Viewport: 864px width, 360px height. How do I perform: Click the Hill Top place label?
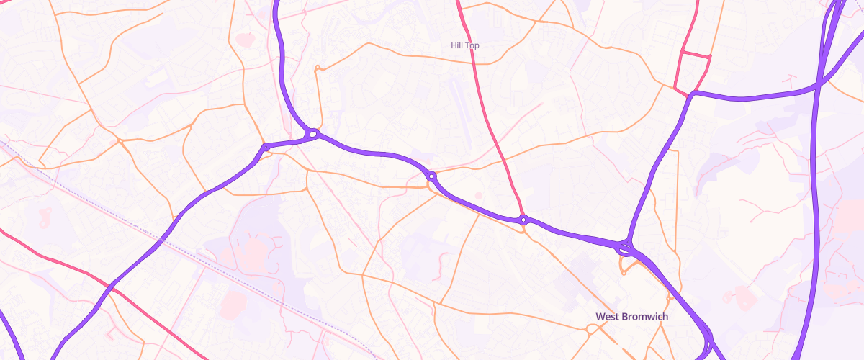coord(464,45)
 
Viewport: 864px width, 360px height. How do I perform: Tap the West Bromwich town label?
coord(631,317)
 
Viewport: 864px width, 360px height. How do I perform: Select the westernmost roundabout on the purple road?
coord(266,148)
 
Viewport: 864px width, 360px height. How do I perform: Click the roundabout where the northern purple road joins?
coord(312,133)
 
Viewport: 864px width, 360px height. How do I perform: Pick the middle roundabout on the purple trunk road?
coord(431,176)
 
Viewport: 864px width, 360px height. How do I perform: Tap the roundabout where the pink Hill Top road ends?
coord(523,220)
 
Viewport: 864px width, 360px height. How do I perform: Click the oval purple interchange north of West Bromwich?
coord(624,250)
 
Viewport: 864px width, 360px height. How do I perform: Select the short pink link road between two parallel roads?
coord(696,55)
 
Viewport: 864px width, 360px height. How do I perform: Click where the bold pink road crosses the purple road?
coord(112,287)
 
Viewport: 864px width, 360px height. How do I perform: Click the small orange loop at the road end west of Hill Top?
coord(317,68)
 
